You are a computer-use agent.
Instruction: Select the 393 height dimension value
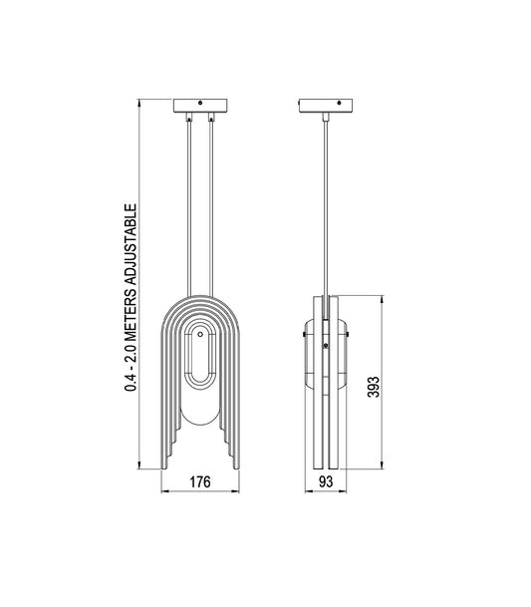pos(373,383)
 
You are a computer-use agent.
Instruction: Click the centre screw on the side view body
pos(329,346)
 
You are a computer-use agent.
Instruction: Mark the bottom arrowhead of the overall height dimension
pos(139,466)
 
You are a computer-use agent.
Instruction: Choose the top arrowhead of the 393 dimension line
pos(383,298)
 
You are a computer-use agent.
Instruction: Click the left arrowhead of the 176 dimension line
pos(164,492)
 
